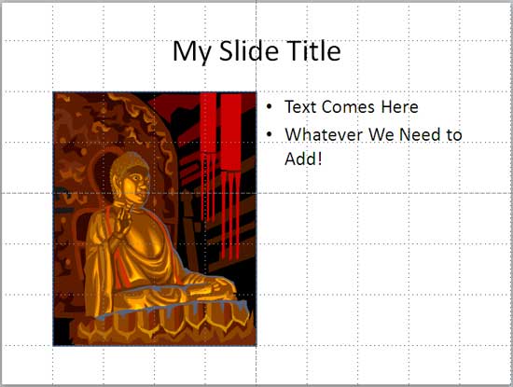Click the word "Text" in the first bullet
299,107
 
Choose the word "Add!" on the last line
304,159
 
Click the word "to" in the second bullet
454,135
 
